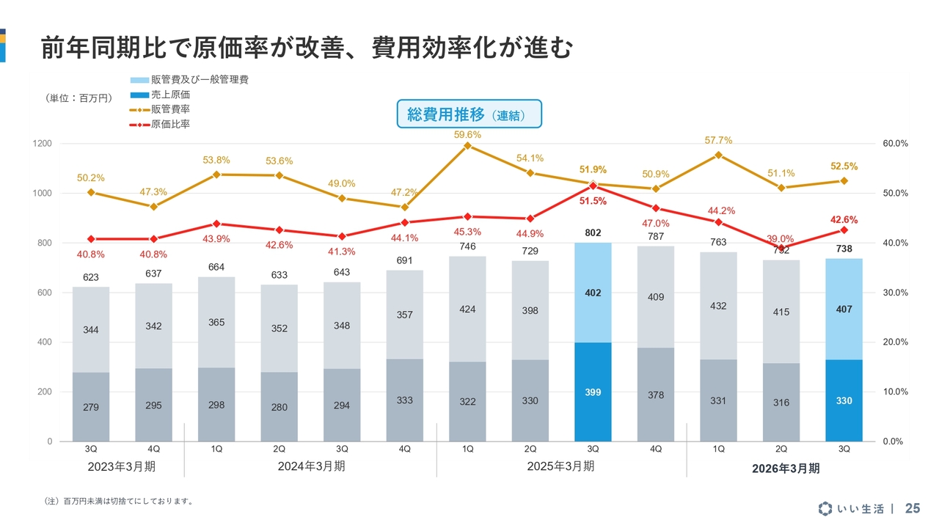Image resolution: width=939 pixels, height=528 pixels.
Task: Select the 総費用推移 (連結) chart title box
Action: coord(469,114)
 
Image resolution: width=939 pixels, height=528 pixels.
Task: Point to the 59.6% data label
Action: coord(467,135)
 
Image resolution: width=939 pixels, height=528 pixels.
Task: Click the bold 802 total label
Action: coord(593,232)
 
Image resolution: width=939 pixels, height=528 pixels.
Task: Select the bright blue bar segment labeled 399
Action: coord(593,392)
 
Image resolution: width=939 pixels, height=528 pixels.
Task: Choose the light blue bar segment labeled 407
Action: coord(844,309)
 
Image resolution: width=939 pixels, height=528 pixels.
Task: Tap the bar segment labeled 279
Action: coord(91,407)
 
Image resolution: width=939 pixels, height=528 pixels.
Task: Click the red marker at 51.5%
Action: coord(593,186)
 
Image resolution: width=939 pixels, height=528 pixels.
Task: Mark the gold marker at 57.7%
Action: coord(718,155)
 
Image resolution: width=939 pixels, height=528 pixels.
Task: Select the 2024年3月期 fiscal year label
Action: coord(311,466)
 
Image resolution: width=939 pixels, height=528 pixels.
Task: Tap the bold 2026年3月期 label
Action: coord(786,469)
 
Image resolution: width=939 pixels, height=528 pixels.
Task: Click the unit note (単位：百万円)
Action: coord(78,98)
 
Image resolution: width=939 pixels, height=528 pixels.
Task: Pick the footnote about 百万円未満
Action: coord(119,502)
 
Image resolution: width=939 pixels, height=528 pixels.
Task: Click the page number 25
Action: coord(913,508)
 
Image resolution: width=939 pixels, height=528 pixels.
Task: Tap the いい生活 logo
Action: coord(851,508)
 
